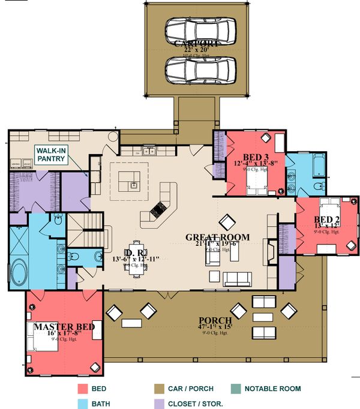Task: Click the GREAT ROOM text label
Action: (217, 237)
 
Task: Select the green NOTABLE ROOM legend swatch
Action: (235, 389)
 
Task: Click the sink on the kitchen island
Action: (133, 184)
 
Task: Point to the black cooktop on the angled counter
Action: (158, 209)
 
